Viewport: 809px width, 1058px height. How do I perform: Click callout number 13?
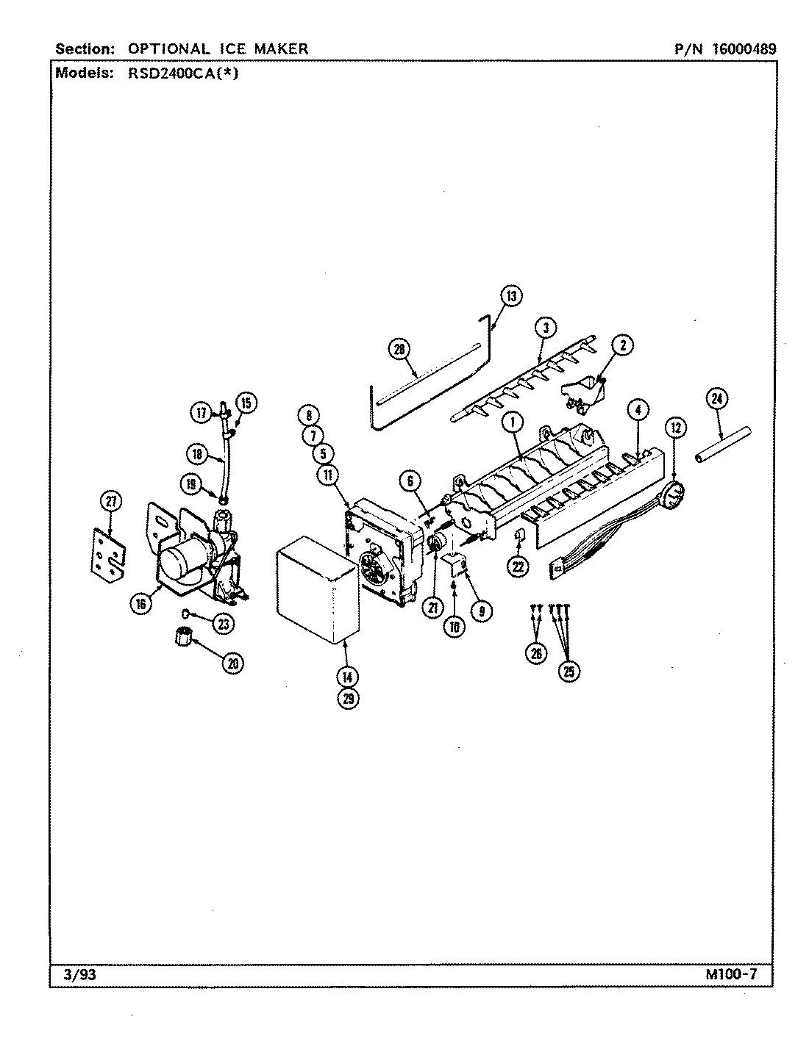(510, 296)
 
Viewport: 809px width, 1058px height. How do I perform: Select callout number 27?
(110, 502)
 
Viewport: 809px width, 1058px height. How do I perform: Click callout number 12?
(676, 425)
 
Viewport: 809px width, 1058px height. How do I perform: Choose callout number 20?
(235, 663)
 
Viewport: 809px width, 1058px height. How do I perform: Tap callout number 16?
(142, 603)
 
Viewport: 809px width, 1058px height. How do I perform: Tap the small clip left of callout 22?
(518, 534)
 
